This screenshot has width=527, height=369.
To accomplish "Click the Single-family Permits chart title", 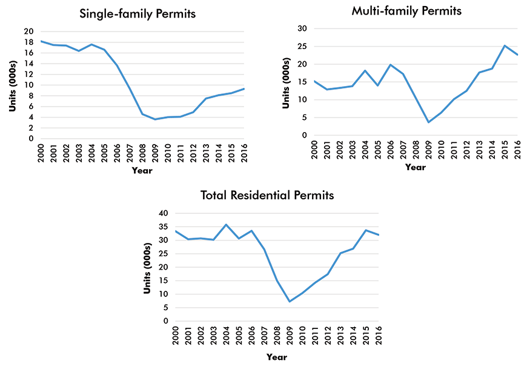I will click(138, 13).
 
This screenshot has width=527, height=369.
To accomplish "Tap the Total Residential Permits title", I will click(267, 195).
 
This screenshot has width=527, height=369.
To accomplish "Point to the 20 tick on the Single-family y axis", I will click(28, 32).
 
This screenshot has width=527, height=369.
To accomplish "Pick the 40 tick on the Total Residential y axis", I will click(163, 213).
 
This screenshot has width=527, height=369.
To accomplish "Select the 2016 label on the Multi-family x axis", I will click(519, 148).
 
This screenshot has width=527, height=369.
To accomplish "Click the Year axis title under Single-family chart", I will click(142, 170).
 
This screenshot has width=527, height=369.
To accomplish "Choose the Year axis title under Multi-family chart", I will click(416, 167).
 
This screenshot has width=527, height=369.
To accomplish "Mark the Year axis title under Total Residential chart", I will click(277, 357).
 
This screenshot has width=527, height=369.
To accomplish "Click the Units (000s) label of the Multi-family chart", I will click(287, 83).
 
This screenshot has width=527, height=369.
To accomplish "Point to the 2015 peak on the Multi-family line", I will click(505, 45).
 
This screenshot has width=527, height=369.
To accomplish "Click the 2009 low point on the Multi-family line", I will click(429, 122).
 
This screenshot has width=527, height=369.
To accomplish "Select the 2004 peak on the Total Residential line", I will click(226, 225).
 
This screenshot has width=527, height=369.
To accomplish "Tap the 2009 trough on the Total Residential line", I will click(290, 302).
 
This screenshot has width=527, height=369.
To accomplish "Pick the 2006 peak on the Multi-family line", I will click(391, 65).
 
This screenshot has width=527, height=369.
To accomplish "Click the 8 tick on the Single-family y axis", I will click(31, 96).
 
